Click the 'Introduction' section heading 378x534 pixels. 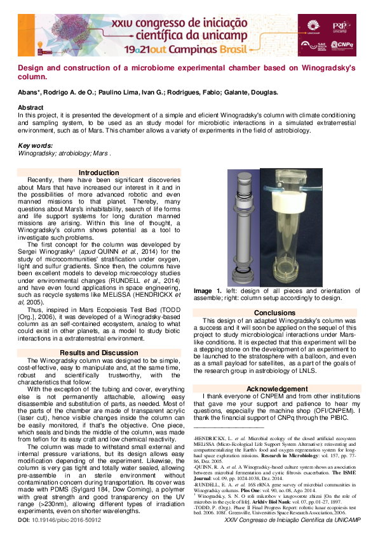[x=98, y=173]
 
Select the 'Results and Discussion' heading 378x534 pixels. [x=98, y=353]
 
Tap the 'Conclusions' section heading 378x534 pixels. [x=274, y=313]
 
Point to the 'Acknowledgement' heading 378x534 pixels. [x=277, y=388]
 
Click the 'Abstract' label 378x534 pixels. [x=30, y=108]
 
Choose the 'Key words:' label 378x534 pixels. [x=35, y=146]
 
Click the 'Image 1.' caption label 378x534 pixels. [x=208, y=290]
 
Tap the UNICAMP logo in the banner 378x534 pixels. [x=314, y=25]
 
